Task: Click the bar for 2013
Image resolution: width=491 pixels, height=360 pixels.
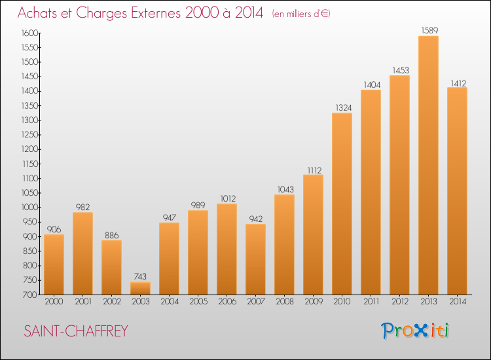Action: coord(428,166)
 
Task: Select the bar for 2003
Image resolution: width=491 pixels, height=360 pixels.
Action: coord(140,288)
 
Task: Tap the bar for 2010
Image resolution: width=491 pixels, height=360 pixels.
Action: coord(342,204)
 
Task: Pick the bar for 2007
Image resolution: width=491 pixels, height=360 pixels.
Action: coord(255,259)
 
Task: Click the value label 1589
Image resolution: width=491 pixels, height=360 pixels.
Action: coord(429,30)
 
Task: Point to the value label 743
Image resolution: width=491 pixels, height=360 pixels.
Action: coord(140,276)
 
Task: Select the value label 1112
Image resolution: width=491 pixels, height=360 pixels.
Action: coord(314,170)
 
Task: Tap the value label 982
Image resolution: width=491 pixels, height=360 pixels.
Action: coord(82,207)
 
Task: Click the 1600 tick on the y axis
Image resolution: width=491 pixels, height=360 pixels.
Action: coord(29,33)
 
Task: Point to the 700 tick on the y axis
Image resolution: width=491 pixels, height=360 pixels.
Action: coord(30,295)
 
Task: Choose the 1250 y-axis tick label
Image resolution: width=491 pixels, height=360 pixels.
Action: coord(29,135)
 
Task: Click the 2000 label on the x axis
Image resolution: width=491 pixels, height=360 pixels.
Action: coord(54,302)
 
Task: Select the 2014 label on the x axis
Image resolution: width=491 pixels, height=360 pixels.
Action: coord(458,302)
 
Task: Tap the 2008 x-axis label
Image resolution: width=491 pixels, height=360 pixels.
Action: coord(285,302)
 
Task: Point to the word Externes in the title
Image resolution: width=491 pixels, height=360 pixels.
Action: coord(156,12)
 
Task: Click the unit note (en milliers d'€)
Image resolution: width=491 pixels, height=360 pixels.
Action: coord(301,14)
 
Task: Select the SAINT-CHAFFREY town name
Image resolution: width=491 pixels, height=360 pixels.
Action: coord(76,331)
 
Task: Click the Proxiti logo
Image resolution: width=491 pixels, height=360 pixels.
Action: coord(415,331)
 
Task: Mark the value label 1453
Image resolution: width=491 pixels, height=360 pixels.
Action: coord(401,70)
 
